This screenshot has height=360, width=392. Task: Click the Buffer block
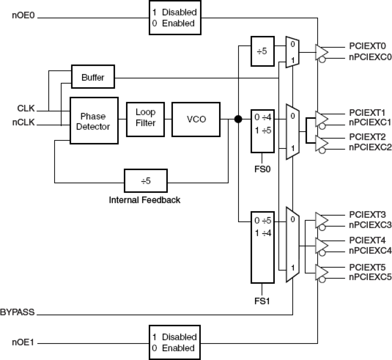(x=93, y=77)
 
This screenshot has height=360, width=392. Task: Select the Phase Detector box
(x=94, y=121)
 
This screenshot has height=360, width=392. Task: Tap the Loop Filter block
(x=145, y=120)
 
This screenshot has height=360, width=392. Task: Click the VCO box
(x=196, y=119)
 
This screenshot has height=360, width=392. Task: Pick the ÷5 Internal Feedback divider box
(x=146, y=181)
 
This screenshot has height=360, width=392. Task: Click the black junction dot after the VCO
(x=238, y=119)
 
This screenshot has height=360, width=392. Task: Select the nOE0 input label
(x=23, y=16)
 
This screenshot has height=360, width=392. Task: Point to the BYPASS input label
(x=17, y=312)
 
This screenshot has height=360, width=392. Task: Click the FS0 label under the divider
(x=262, y=169)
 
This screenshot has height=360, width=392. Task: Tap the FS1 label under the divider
(x=262, y=301)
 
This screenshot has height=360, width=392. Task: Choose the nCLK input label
(x=24, y=122)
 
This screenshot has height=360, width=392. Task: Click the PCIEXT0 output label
(x=367, y=46)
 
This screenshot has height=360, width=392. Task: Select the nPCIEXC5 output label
(x=370, y=277)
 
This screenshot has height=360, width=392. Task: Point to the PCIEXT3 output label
(x=367, y=215)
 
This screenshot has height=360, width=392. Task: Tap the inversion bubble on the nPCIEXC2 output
(x=323, y=151)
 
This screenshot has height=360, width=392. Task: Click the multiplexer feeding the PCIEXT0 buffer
(x=292, y=52)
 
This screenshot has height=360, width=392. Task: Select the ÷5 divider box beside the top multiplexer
(x=262, y=51)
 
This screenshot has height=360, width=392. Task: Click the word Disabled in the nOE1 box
(x=179, y=337)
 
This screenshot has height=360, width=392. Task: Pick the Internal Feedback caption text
(x=145, y=200)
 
